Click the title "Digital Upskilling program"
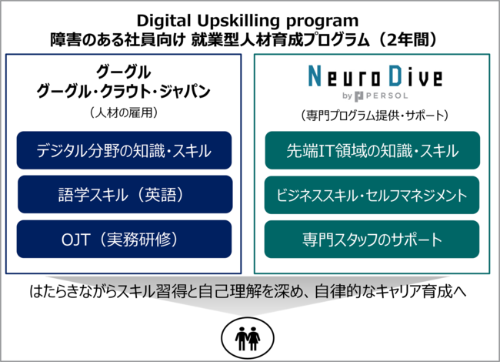(248, 21)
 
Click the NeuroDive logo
(375, 82)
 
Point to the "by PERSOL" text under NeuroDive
(375, 96)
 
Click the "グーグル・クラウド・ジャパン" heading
(123, 92)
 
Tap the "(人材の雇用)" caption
(123, 112)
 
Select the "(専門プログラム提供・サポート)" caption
(375, 116)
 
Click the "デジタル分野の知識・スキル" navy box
(124, 150)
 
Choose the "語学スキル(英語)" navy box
(125, 194)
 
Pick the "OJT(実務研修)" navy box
(124, 239)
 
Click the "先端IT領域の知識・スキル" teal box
(372, 150)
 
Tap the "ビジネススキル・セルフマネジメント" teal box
(372, 195)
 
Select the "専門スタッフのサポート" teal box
(372, 239)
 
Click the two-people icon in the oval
(248, 338)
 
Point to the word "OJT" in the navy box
(75, 240)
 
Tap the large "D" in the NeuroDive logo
(395, 75)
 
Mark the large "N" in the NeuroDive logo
(315, 75)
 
